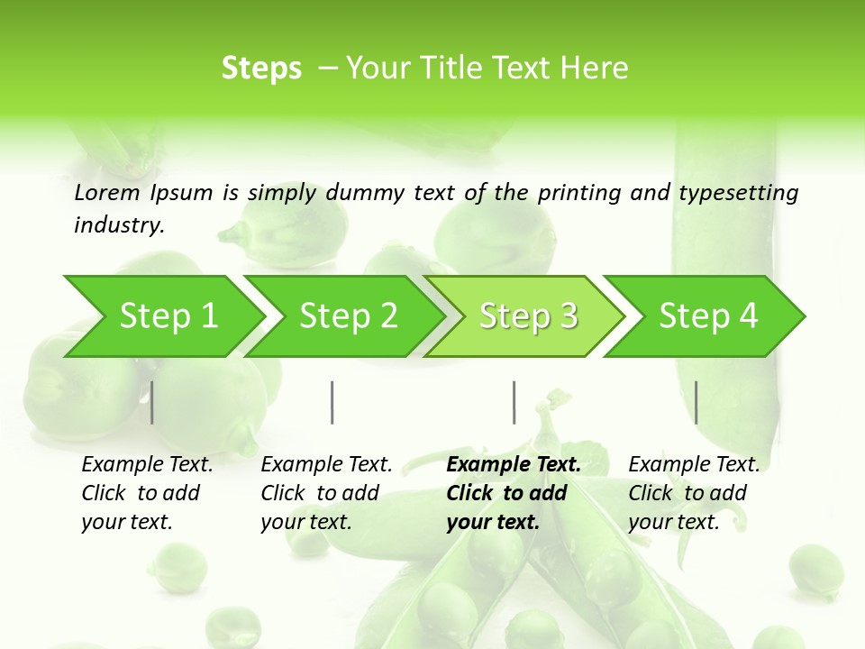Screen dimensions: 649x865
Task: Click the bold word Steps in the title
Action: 261,69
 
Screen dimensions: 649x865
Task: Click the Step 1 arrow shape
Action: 162,316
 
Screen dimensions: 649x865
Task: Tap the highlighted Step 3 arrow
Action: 526,316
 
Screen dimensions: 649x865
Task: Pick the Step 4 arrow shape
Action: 706,316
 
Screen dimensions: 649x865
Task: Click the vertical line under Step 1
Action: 152,402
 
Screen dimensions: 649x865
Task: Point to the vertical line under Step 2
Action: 332,402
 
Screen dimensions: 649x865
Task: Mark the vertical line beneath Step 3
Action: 514,402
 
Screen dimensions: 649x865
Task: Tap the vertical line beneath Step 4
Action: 696,402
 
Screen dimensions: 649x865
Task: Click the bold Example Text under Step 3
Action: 514,465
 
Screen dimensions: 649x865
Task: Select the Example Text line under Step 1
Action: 147,465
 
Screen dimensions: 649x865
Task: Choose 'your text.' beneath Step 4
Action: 673,522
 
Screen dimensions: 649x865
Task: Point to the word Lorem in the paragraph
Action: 107,193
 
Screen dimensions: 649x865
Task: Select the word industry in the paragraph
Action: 118,225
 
